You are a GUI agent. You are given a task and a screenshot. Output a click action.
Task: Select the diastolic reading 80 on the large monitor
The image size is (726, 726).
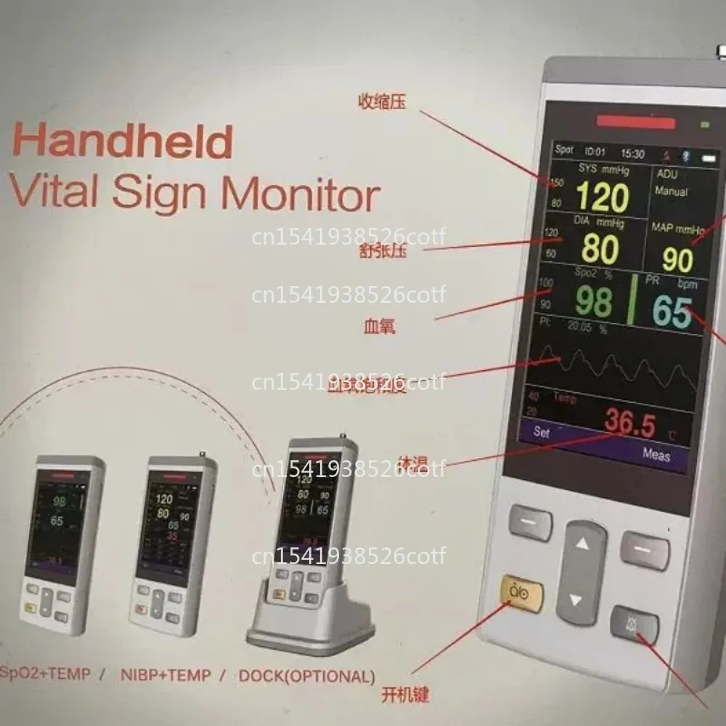click(600, 249)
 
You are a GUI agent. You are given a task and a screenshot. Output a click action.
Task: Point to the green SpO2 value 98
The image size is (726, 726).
click(593, 302)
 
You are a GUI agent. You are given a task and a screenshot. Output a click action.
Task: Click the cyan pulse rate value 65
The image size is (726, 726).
click(672, 312)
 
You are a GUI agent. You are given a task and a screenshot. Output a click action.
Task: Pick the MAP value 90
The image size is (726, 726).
click(677, 260)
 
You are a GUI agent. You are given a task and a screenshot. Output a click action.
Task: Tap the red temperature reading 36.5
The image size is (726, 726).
click(630, 424)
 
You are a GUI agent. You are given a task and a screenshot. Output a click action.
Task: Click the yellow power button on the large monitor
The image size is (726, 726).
click(521, 593)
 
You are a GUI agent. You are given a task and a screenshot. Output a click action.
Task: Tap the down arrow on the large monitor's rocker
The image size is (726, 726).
click(576, 600)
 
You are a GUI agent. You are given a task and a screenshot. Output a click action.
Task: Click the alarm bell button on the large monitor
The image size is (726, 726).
click(635, 623)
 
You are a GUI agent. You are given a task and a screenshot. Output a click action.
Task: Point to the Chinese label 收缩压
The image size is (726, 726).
click(381, 102)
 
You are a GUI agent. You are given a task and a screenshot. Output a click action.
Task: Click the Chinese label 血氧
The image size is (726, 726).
click(378, 327)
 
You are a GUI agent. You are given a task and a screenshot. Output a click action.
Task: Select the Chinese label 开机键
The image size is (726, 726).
click(404, 695)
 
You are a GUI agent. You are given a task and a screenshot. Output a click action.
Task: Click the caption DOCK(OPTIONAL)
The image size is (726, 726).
click(307, 677)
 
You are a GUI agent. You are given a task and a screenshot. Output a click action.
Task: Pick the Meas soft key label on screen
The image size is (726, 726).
click(656, 455)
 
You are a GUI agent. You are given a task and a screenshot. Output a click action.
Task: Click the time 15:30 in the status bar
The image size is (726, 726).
click(632, 154)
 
